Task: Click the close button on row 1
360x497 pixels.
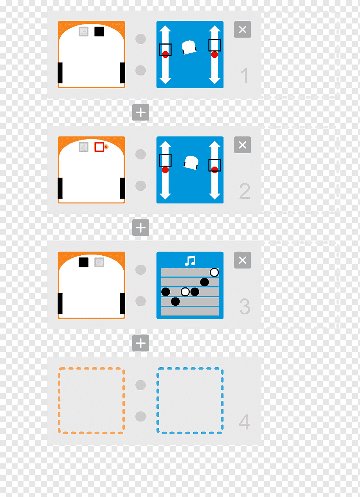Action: pos(242,29)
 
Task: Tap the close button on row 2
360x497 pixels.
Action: pos(242,145)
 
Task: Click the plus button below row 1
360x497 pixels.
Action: pos(140,112)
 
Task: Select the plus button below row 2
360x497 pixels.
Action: pos(140,228)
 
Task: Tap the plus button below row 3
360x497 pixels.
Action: pos(140,343)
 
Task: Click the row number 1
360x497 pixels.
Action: pos(244,75)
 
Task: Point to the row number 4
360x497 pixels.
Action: pos(244,422)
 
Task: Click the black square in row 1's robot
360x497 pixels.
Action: pos(99,32)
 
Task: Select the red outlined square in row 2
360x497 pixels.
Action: pos(99,147)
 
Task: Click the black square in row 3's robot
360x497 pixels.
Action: pos(83,262)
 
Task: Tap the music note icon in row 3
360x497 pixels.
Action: pos(190,260)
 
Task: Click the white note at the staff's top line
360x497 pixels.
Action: pos(214,273)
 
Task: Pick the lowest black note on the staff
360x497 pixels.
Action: pos(175,301)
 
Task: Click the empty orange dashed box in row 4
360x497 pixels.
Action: pos(91,400)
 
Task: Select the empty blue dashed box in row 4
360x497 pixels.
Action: pos(190,400)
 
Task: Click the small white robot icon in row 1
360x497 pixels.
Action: pos(189,47)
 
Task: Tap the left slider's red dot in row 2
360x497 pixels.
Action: pos(165,170)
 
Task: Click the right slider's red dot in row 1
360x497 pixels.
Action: pos(214,54)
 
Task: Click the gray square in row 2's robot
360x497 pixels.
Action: pos(83,147)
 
